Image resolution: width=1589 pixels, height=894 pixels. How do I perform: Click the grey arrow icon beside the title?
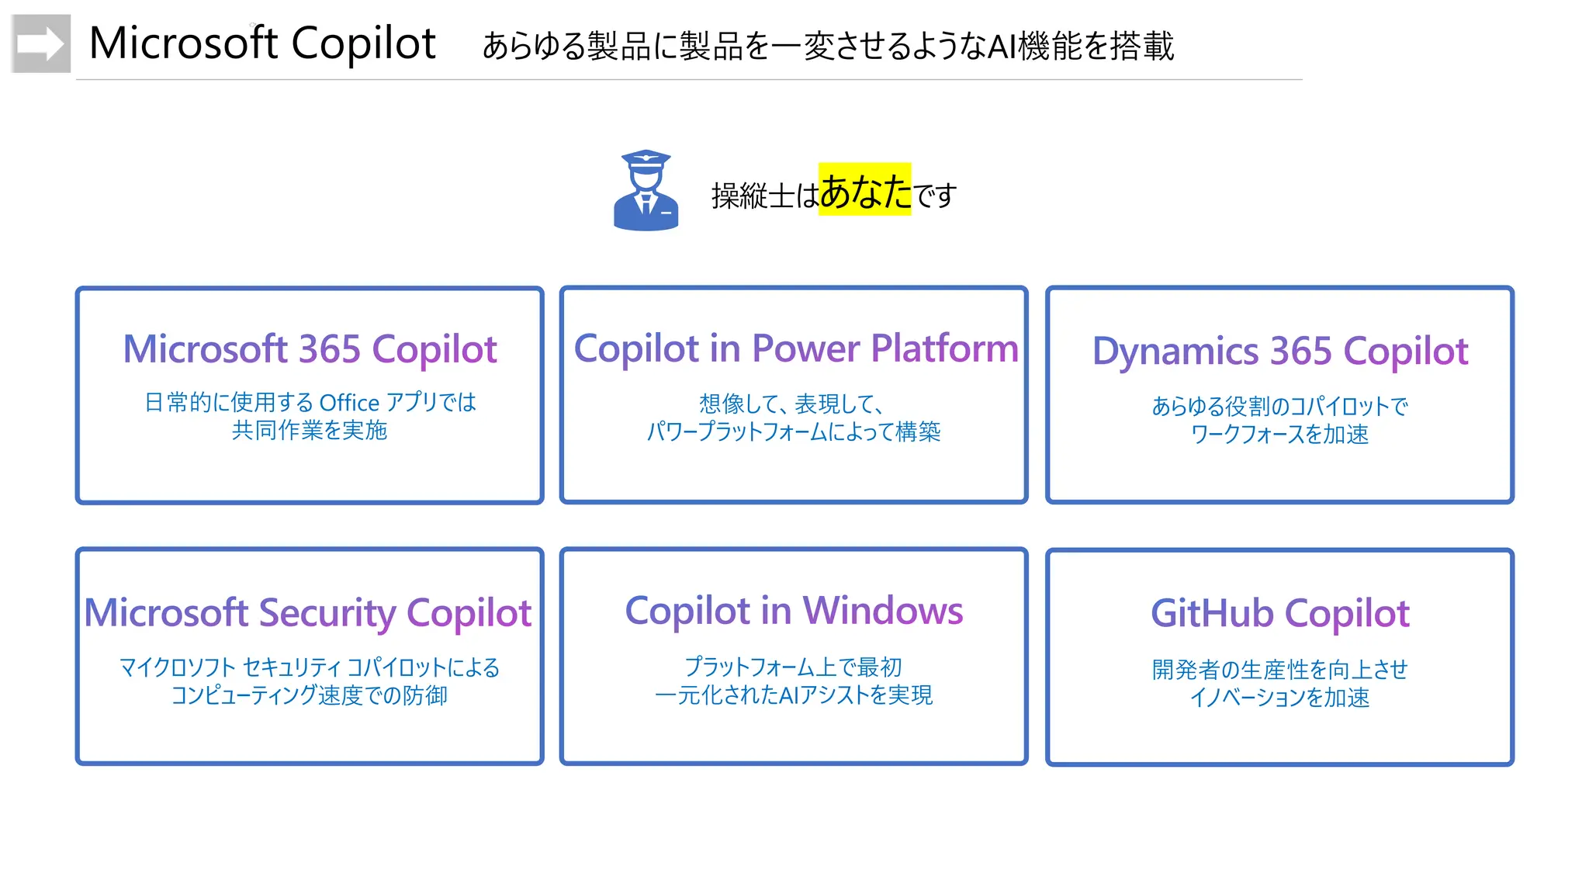click(41, 43)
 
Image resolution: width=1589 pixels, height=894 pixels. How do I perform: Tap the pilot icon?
click(646, 191)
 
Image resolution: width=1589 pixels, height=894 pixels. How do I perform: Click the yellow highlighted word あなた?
click(864, 190)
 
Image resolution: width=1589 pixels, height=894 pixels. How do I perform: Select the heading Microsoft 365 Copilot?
click(310, 349)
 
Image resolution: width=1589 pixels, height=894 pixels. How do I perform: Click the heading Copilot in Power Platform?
click(795, 348)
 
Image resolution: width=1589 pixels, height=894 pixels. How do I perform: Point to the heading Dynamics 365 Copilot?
click(1279, 351)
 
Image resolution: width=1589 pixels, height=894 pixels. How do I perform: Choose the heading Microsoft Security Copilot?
click(308, 613)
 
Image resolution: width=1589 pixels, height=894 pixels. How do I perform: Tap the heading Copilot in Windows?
click(794, 611)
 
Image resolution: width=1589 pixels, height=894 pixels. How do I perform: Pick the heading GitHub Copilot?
click(1279, 613)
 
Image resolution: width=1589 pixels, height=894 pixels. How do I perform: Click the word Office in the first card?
click(349, 403)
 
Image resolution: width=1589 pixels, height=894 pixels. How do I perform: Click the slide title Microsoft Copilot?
click(262, 43)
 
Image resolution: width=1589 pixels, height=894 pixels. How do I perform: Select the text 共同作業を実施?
click(310, 431)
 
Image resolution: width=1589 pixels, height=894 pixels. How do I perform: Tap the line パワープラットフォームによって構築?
click(794, 431)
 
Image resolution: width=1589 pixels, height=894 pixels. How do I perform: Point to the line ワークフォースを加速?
click(1279, 435)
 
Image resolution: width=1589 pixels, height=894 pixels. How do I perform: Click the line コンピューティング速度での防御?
click(310, 695)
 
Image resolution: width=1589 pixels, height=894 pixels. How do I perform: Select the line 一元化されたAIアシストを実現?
click(794, 695)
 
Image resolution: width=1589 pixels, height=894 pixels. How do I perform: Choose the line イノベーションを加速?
click(1279, 698)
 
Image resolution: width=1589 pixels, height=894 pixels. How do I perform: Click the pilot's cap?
click(646, 159)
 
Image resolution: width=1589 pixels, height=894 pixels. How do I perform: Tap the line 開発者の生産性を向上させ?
click(1279, 669)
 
